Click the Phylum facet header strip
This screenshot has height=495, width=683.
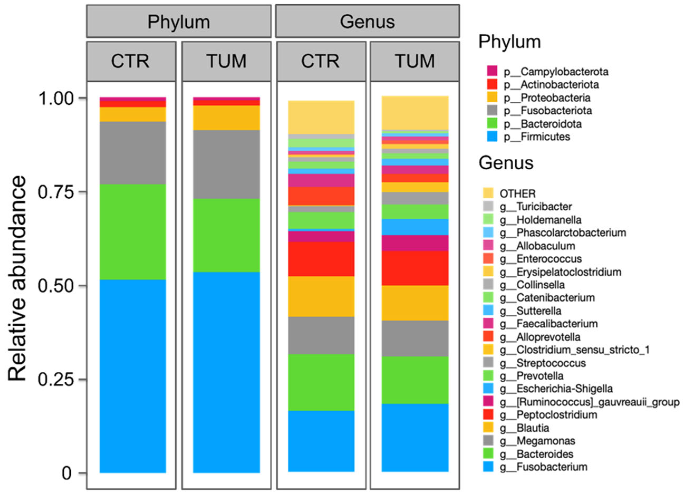pyautogui.click(x=178, y=21)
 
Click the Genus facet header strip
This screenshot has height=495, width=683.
pyautogui.click(x=367, y=21)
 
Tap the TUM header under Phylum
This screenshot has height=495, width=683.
pyautogui.click(x=226, y=61)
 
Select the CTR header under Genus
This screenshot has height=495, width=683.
pyautogui.click(x=321, y=61)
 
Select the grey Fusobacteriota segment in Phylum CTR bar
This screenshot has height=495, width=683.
pyautogui.click(x=133, y=153)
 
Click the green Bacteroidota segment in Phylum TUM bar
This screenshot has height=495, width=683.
pyautogui.click(x=226, y=235)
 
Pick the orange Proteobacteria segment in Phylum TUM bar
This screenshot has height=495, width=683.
pyautogui.click(x=226, y=118)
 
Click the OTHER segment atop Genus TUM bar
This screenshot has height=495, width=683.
pyautogui.click(x=415, y=113)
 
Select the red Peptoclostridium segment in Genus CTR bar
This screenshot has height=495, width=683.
pyautogui.click(x=321, y=259)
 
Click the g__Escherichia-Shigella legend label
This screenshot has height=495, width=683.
pyautogui.click(x=564, y=389)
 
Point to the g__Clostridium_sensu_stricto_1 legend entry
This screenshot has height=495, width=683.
pyautogui.click(x=583, y=350)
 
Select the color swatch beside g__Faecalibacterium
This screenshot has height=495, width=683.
pyautogui.click(x=488, y=324)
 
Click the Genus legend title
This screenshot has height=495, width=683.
pyautogui.click(x=506, y=163)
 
